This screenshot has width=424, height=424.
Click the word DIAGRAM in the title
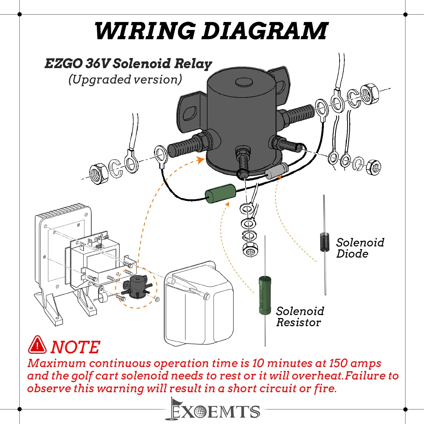click(265, 31)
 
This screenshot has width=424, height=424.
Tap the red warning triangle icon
click(37, 345)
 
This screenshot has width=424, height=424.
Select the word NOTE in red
click(75, 347)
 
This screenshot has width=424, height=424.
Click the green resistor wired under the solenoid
click(221, 193)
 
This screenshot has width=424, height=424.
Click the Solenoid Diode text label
click(360, 248)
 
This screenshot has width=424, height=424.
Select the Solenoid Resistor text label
click(300, 317)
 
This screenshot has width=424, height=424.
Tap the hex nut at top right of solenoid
click(370, 94)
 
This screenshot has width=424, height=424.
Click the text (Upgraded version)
click(125, 79)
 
